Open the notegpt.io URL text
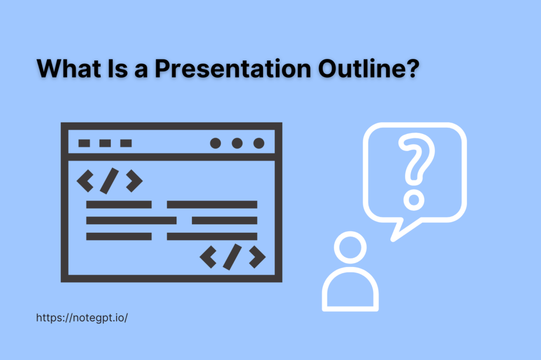click(x=82, y=318)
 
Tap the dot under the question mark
click(x=414, y=200)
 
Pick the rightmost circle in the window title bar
click(x=258, y=143)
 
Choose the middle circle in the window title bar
click(x=237, y=143)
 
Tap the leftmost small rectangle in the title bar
click(x=84, y=143)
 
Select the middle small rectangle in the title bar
click(x=105, y=143)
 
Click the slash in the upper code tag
click(x=109, y=181)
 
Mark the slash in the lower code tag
click(x=232, y=257)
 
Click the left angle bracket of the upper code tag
click(x=85, y=181)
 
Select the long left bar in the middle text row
click(x=131, y=220)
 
